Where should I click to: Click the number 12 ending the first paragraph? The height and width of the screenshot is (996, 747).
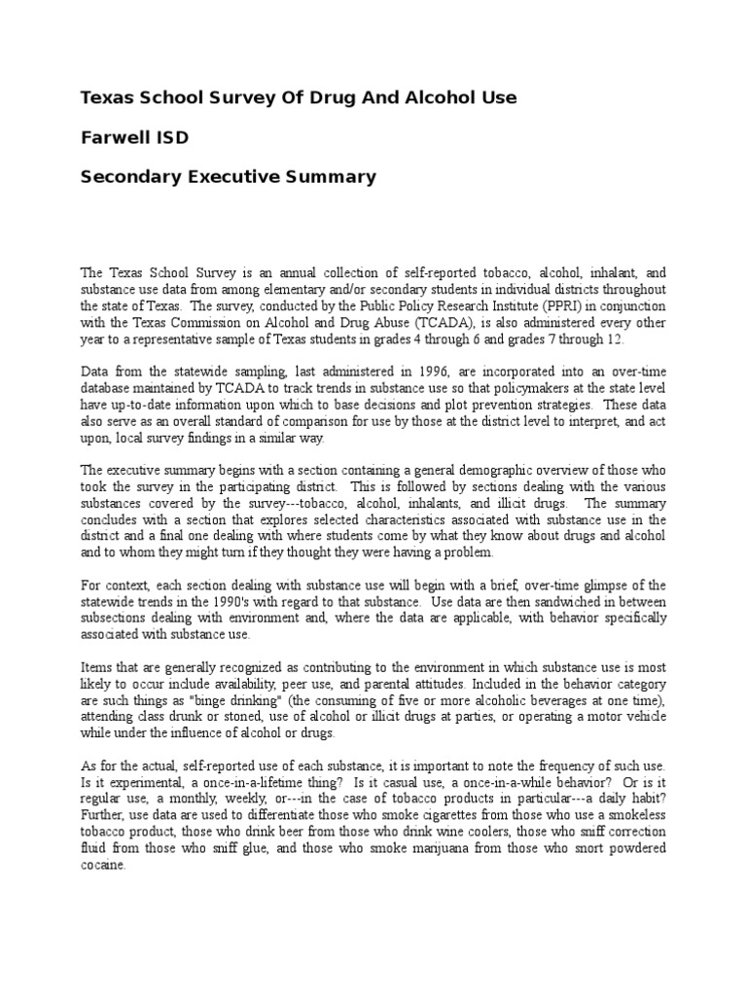tap(616, 339)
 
